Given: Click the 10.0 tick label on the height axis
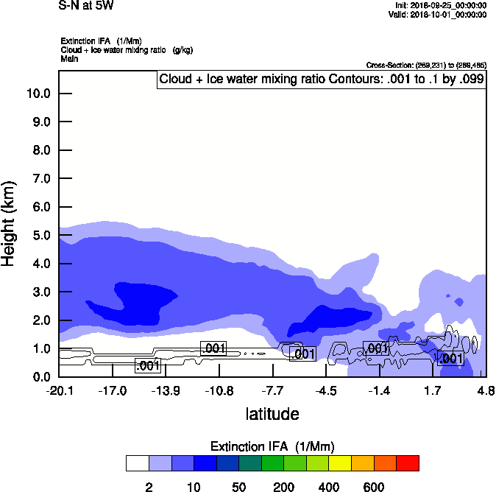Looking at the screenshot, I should (38, 94).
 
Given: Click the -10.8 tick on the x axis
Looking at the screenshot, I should (219, 390).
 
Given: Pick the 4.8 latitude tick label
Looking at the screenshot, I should (486, 390).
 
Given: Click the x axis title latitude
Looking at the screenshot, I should (272, 414).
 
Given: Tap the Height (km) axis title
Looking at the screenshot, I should (10, 221).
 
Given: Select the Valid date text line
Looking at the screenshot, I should (437, 14).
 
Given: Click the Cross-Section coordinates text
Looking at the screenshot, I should (426, 66).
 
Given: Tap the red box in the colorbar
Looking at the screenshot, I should (408, 463).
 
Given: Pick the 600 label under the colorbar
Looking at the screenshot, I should (374, 487).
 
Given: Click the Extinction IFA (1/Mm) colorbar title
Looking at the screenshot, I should (272, 446).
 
